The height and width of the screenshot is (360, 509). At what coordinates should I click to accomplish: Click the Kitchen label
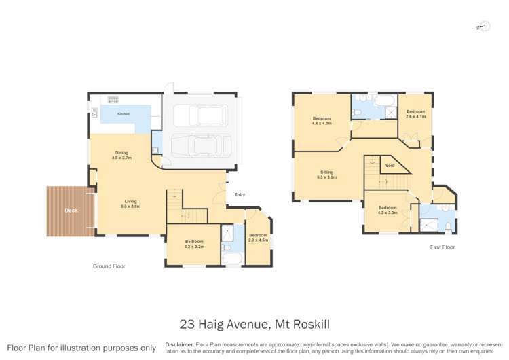pos(123,114)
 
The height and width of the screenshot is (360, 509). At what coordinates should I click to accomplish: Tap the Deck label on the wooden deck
pos(71,211)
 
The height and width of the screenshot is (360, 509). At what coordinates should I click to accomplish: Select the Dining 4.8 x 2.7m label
pos(121,155)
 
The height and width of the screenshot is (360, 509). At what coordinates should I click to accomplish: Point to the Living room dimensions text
pos(130,206)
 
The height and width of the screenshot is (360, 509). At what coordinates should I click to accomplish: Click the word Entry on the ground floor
pos(240,195)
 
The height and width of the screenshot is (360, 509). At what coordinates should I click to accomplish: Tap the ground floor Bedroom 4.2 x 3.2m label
pos(193,244)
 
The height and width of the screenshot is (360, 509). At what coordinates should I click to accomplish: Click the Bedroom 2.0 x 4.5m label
pos(258,238)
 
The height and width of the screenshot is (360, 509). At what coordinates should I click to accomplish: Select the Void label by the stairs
pos(390,166)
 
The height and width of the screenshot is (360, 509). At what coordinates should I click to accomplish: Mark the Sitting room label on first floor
pos(327,175)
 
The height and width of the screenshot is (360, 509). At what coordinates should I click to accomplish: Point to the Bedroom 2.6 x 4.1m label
pos(415,114)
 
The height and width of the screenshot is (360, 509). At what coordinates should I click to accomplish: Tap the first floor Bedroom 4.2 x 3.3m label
pos(388,210)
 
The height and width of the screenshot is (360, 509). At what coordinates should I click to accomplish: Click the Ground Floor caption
pos(109,266)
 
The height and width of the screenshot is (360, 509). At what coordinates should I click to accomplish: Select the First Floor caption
pos(442,247)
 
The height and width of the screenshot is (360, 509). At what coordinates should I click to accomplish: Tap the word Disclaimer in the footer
pos(178,345)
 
